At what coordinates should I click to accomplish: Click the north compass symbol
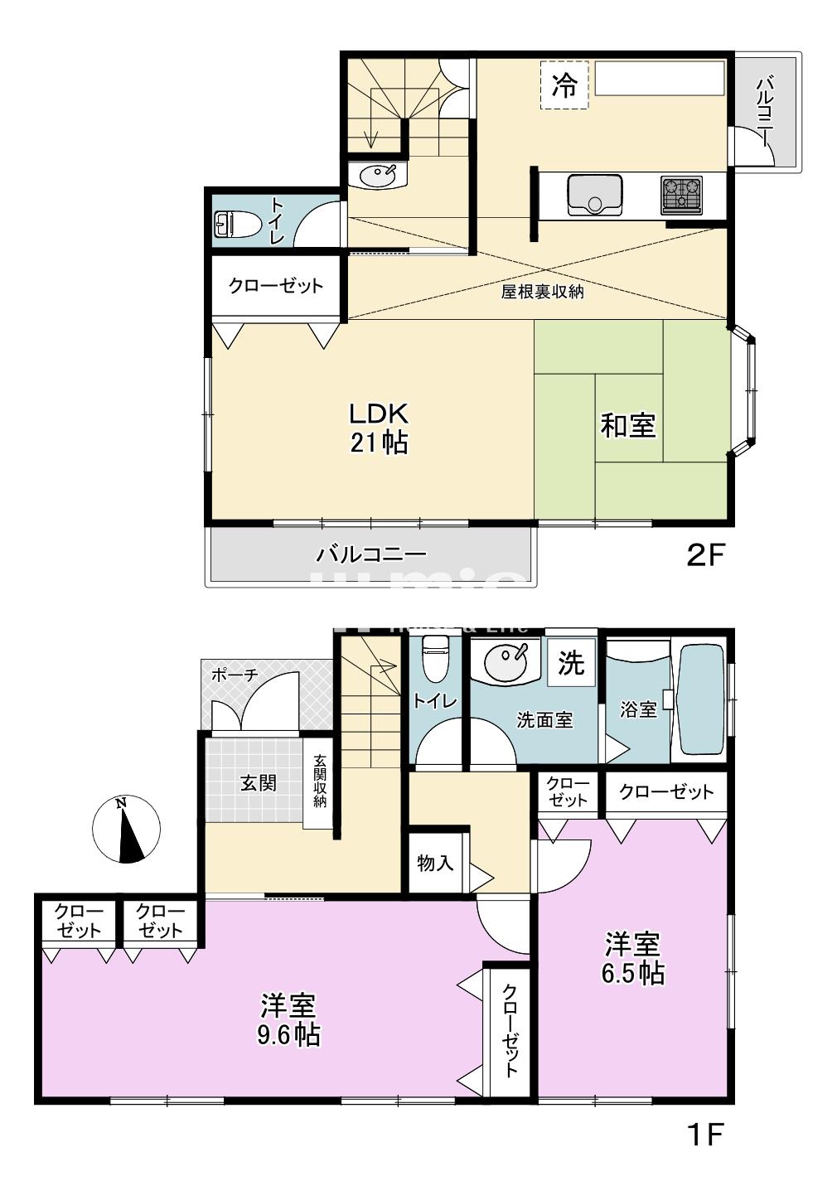pyautogui.click(x=125, y=830)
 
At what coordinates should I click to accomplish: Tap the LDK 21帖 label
pyautogui.click(x=378, y=428)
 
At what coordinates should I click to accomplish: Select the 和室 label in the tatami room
pyautogui.click(x=627, y=426)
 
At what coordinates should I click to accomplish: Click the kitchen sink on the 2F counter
pyautogui.click(x=594, y=195)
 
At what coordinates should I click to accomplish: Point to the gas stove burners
pyautogui.click(x=681, y=195)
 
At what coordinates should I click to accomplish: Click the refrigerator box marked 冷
pyautogui.click(x=564, y=85)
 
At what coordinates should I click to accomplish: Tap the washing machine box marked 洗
pyautogui.click(x=570, y=662)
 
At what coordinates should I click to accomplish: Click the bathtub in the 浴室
pyautogui.click(x=700, y=699)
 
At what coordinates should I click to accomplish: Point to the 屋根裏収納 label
pyautogui.click(x=543, y=292)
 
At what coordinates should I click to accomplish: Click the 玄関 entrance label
pyautogui.click(x=258, y=782)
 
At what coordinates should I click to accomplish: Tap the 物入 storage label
pyautogui.click(x=435, y=863)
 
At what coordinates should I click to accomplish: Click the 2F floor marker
pyautogui.click(x=705, y=554)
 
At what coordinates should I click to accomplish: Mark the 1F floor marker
pyautogui.click(x=705, y=1134)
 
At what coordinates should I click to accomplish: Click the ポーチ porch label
pyautogui.click(x=234, y=675)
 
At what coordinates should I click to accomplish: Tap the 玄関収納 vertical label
pyautogui.click(x=320, y=781)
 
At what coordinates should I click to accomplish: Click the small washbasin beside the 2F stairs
pyautogui.click(x=378, y=176)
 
